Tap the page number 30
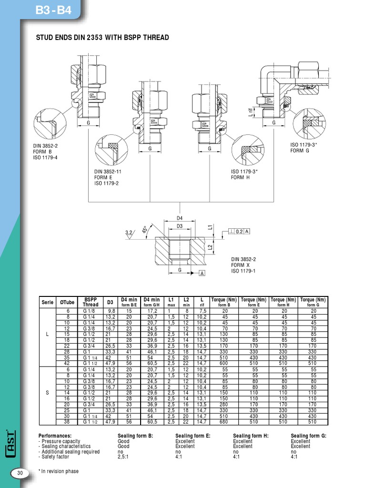[x=20, y=473]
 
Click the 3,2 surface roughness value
[x=129, y=233]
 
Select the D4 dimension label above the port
[x=180, y=218]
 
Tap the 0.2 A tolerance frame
[x=242, y=231]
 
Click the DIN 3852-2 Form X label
[x=244, y=265]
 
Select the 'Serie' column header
[x=47, y=302]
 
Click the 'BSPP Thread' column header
[x=91, y=302]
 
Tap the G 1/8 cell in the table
[x=89, y=310]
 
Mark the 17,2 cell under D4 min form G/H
[x=152, y=310]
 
